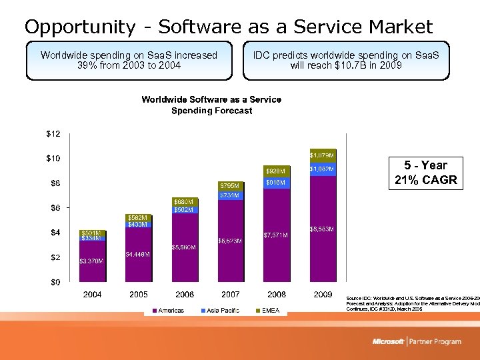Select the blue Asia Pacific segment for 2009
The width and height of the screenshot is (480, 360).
point(322,169)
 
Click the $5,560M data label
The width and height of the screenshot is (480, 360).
point(183,247)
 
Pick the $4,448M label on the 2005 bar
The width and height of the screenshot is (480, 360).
point(137,255)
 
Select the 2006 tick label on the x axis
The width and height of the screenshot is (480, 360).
point(185,295)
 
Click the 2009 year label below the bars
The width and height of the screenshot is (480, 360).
point(323,295)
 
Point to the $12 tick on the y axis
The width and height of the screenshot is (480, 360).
point(53,134)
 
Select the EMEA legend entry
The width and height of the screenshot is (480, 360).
point(271,310)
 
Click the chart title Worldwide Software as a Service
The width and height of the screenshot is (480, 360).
point(211,99)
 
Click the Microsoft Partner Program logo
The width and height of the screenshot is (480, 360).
point(417,341)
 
